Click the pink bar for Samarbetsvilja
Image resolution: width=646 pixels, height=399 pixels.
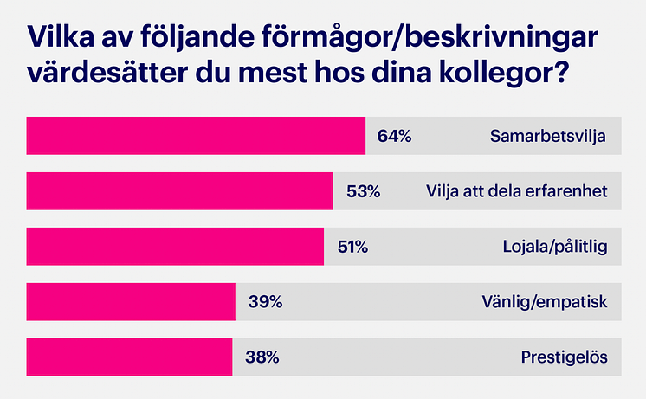click(196, 136)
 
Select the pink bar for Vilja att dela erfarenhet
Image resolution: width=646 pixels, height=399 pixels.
click(180, 191)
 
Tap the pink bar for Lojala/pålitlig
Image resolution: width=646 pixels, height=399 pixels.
click(175, 247)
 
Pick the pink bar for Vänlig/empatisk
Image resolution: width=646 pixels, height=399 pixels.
click(131, 302)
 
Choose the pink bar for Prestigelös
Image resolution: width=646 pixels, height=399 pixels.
click(129, 357)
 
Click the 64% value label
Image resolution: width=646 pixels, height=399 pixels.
click(394, 136)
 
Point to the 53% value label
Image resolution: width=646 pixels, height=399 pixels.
click(363, 191)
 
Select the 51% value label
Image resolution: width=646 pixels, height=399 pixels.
click(352, 247)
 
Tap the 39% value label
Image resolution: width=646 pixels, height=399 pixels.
click(265, 302)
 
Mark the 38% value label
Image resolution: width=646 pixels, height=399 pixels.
click(262, 357)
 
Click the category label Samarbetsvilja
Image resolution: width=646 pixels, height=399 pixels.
click(547, 136)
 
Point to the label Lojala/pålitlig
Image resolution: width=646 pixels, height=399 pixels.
click(555, 247)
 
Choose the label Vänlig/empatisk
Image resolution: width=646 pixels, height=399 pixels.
click(544, 302)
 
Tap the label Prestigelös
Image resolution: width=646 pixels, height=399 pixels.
click(564, 357)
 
